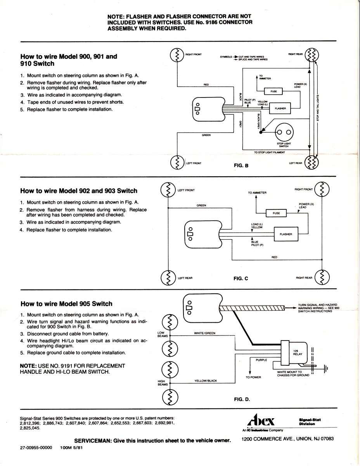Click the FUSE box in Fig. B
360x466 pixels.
273,91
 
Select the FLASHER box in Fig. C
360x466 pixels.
286,234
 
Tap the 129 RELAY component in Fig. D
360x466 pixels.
297,352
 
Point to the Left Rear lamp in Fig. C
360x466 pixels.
168,278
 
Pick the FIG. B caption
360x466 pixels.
241,165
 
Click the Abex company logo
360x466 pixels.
261,421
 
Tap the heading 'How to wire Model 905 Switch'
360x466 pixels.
66,304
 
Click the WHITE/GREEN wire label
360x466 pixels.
204,333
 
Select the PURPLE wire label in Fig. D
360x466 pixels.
261,360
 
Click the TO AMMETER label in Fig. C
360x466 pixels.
257,193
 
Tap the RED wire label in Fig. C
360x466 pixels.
274,257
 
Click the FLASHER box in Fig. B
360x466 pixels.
280,108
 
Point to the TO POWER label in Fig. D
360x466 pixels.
253,377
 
